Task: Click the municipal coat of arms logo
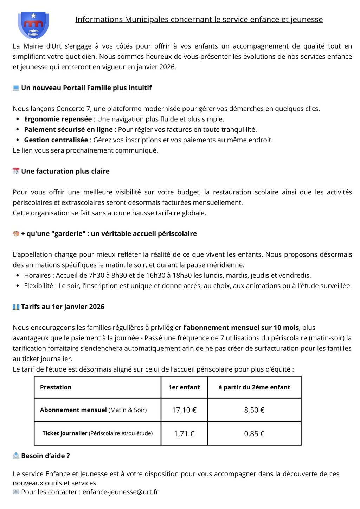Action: point(33,25)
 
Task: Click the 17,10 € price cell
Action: point(184,410)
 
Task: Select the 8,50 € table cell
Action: point(254,410)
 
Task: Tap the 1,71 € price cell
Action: point(184,433)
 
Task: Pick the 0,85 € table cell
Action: point(254,433)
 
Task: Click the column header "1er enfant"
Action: point(184,387)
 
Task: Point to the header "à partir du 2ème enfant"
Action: point(254,387)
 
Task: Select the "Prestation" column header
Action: point(56,387)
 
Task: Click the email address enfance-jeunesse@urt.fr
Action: point(120,492)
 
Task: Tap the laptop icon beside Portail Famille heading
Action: point(16,88)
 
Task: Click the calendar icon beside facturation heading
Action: point(16,171)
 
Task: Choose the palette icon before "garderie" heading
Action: point(16,233)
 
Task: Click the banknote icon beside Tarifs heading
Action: point(16,307)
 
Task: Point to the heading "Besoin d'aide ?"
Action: point(45,456)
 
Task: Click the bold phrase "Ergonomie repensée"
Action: point(58,119)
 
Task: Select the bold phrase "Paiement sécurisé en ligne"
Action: point(68,129)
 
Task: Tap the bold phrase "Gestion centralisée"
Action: point(56,140)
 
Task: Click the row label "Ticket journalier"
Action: point(65,433)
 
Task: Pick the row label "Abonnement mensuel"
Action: point(73,410)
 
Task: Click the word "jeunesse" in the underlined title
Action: point(307,20)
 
